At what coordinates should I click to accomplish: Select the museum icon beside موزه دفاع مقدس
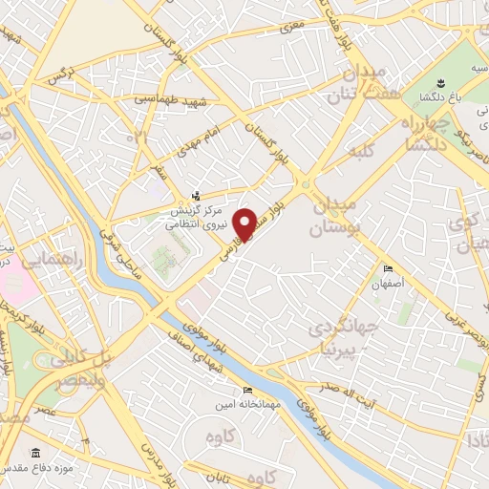click(35, 452)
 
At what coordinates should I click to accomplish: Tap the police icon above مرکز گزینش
click(196, 196)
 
